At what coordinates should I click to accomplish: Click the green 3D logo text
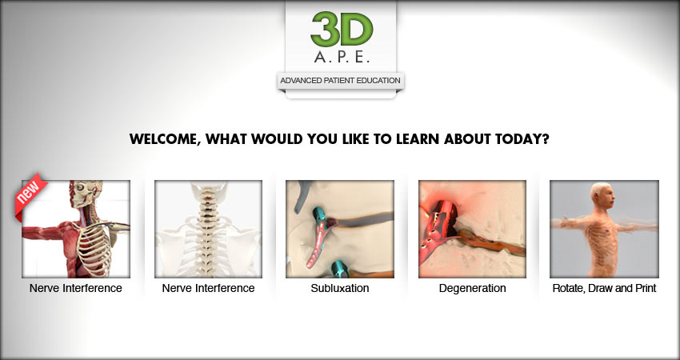pos(342,29)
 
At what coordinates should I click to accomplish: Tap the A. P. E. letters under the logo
pos(342,58)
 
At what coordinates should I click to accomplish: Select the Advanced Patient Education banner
pos(341,81)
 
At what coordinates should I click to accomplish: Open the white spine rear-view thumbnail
pos(208,229)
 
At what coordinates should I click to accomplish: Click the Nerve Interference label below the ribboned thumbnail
pos(76,288)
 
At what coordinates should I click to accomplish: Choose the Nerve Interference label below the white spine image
pos(208,288)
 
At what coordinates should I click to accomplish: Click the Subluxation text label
pos(340,288)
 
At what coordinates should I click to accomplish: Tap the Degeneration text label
pos(472,288)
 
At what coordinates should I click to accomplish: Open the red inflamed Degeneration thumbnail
pos(472,229)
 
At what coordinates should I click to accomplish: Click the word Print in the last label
pos(646,288)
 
